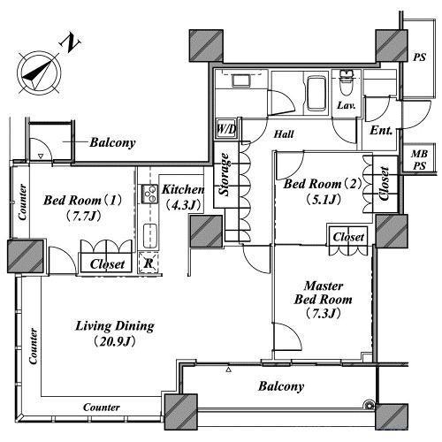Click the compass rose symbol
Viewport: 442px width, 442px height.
click(x=39, y=73)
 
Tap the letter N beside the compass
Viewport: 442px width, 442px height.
click(x=71, y=42)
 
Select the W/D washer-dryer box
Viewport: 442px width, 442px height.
click(x=226, y=129)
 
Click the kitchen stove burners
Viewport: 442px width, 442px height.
click(x=149, y=194)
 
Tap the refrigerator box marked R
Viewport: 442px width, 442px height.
click(x=149, y=263)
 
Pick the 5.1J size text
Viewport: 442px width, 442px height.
click(x=324, y=200)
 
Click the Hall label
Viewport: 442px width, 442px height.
click(x=284, y=134)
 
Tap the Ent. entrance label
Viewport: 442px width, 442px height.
click(x=381, y=130)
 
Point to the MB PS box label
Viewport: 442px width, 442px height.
click(x=419, y=160)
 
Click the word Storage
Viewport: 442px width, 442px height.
click(x=225, y=174)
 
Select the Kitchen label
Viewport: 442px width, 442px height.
click(x=183, y=189)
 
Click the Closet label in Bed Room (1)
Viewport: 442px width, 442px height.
click(x=107, y=264)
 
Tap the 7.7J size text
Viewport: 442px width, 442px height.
click(x=82, y=217)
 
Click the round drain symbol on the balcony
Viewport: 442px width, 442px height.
click(x=369, y=406)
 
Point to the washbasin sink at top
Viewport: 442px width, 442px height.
click(x=241, y=80)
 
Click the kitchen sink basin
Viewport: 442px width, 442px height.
click(x=150, y=236)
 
